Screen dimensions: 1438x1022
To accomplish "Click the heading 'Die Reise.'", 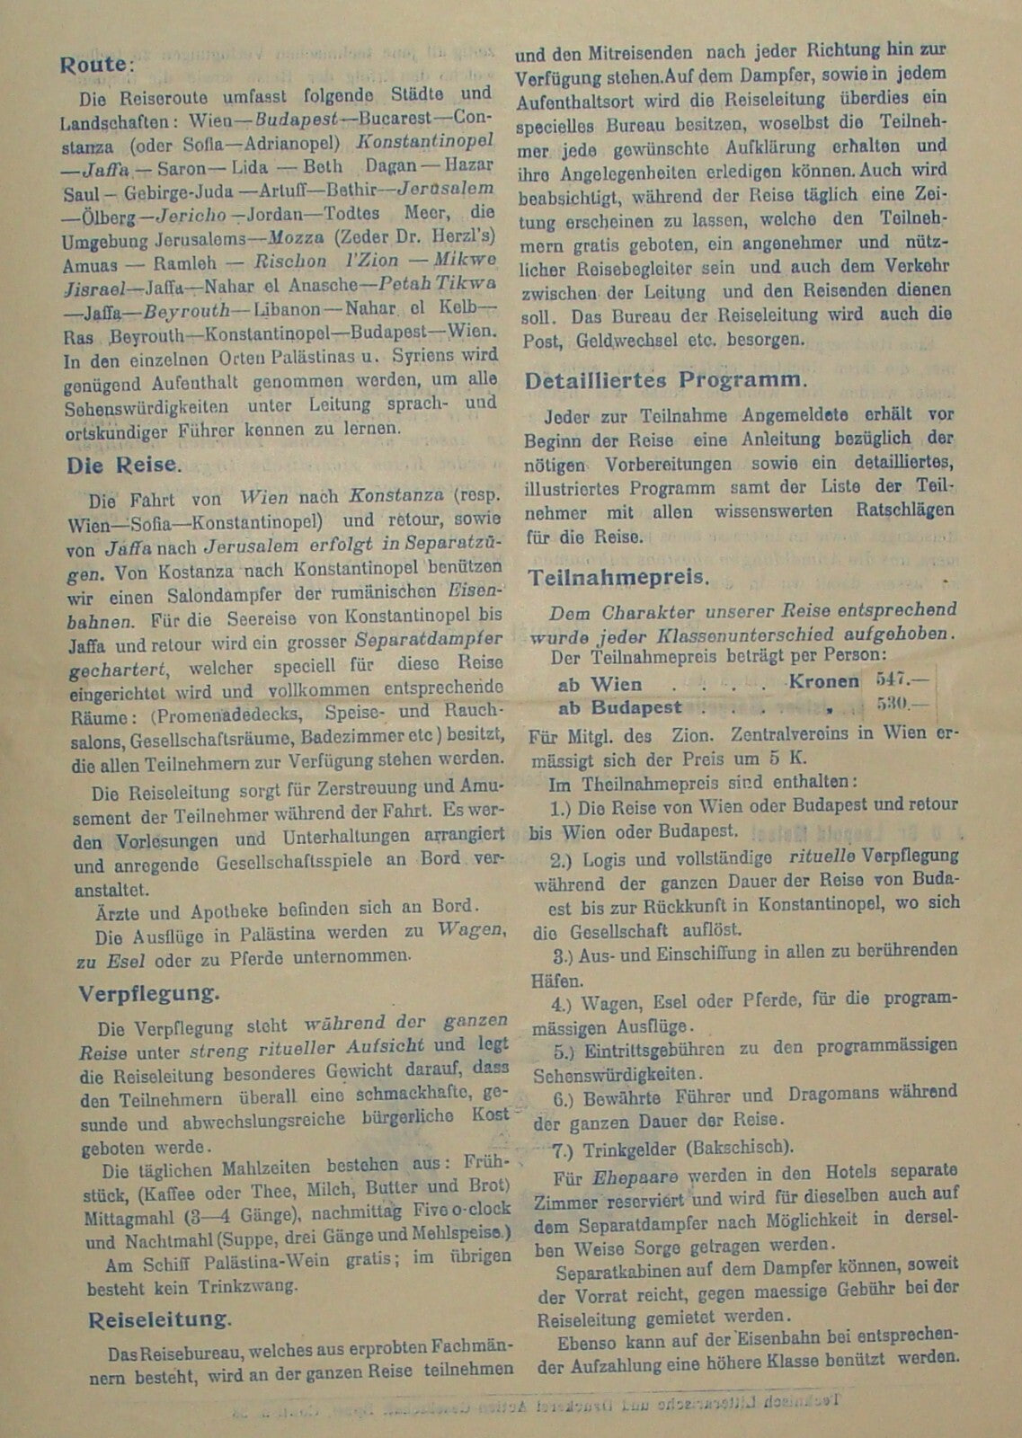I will (x=123, y=466).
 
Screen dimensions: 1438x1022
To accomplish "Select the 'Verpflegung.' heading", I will (x=148, y=994).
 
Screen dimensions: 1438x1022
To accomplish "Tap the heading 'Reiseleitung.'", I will (x=159, y=1319).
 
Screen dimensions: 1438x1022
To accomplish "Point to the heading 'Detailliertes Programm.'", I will (x=665, y=379).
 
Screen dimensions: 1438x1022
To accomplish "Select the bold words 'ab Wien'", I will (x=600, y=684).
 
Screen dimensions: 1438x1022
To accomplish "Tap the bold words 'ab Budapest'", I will (x=620, y=707).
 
